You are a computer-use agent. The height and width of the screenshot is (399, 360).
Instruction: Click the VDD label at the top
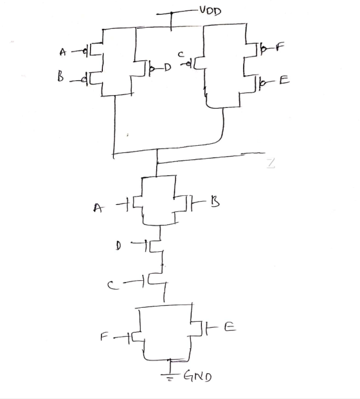point(210,11)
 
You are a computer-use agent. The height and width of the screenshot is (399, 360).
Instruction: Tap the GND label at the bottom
point(197,376)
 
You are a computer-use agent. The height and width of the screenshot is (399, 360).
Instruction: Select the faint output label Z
point(271,163)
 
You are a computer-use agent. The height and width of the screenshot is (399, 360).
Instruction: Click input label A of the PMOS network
point(62,52)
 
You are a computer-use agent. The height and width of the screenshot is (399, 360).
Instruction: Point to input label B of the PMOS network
point(60,76)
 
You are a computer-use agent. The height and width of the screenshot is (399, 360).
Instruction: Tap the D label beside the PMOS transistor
point(167,67)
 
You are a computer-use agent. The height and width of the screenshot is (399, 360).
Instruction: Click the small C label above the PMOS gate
point(181,54)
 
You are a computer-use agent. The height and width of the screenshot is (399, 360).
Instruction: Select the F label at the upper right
point(280,46)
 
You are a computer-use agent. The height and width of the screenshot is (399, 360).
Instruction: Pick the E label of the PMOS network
point(284,80)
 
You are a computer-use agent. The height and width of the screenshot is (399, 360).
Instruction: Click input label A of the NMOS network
point(98,208)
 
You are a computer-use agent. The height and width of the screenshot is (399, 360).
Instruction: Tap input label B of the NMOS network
point(215,202)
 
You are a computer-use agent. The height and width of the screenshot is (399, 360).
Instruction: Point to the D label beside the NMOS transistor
point(118,246)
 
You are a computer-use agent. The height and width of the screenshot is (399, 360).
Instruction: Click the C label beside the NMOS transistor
point(113,285)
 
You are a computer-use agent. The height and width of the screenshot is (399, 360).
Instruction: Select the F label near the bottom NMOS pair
point(104,337)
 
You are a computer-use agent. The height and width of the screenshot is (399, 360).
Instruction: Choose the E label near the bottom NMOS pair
point(230,326)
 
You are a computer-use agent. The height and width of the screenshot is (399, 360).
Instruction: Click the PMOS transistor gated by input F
point(253,49)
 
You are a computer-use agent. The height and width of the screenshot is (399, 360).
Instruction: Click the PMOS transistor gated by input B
point(94,78)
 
